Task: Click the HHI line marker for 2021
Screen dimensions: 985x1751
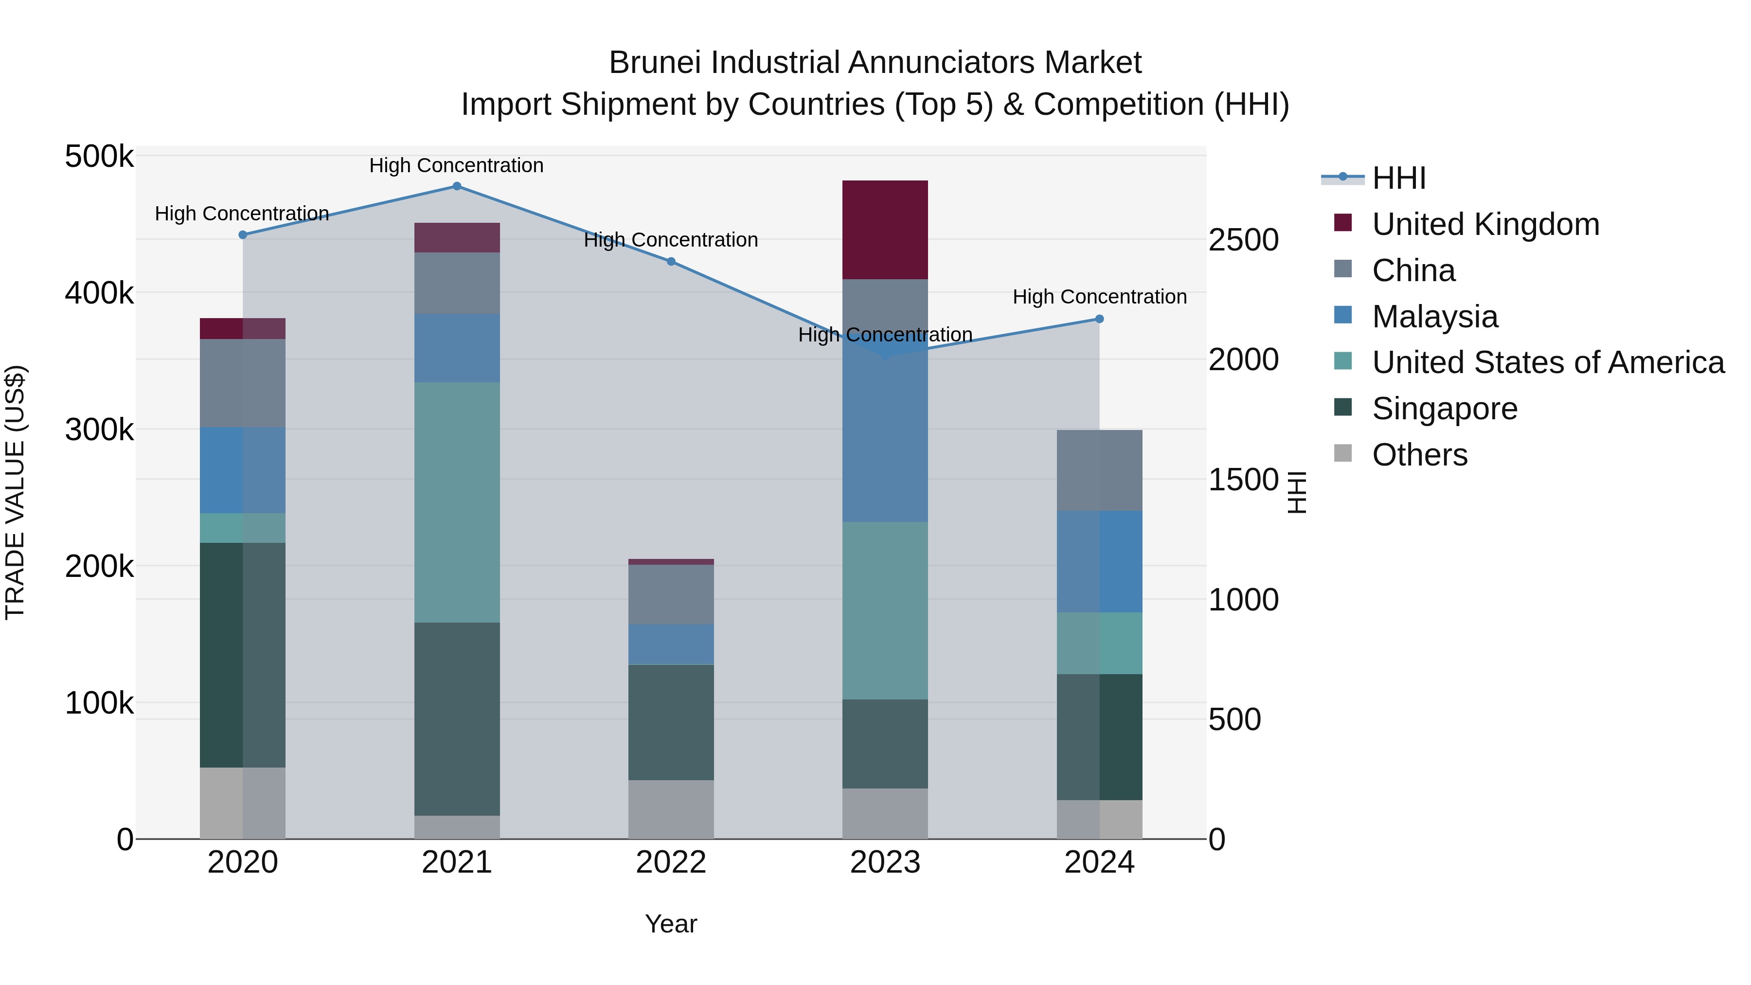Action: (x=457, y=186)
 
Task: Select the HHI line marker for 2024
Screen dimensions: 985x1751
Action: (x=1099, y=319)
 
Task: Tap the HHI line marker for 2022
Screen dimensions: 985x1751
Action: (x=671, y=262)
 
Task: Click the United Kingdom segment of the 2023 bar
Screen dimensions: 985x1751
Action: (x=885, y=230)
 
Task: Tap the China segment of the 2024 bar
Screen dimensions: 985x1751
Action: (x=1099, y=470)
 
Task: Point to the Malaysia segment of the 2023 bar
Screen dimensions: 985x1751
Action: (x=885, y=435)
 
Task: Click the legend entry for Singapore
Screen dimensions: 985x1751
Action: (x=1445, y=409)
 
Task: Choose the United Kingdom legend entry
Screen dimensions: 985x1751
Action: (x=1485, y=224)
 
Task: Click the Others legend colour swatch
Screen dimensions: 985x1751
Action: (x=1343, y=453)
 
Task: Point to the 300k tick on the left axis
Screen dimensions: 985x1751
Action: (x=99, y=430)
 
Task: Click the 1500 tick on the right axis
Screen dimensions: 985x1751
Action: (x=1243, y=480)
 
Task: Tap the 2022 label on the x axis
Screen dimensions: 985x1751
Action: (x=671, y=862)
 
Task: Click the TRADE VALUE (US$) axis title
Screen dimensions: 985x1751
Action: (x=15, y=492)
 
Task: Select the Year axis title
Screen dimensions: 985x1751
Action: (x=671, y=924)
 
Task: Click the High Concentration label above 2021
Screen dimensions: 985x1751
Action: (x=456, y=165)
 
